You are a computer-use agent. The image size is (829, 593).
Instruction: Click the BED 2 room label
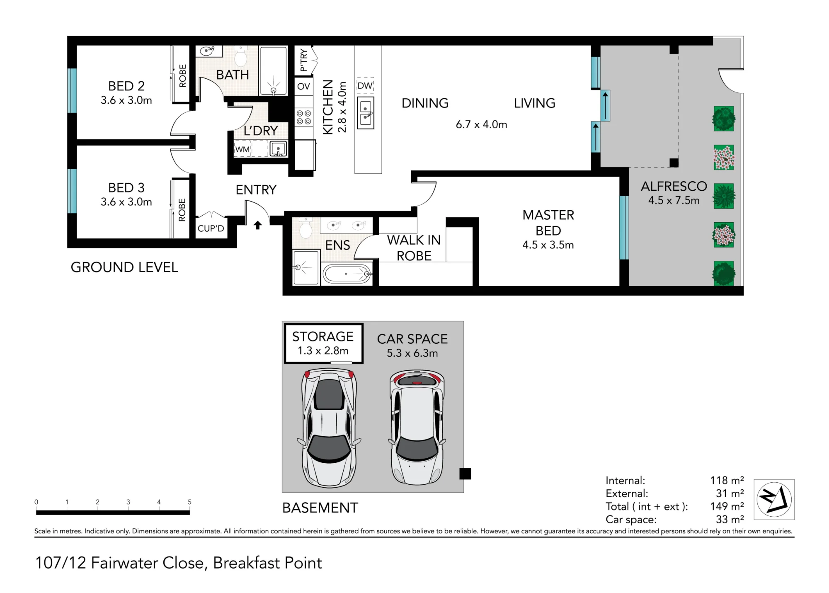pos(126,86)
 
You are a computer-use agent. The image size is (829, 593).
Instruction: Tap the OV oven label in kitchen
pos(303,86)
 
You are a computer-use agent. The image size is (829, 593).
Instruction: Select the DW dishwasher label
pos(365,86)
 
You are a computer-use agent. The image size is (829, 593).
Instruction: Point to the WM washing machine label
pos(242,149)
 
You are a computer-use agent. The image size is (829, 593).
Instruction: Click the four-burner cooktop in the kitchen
pos(304,117)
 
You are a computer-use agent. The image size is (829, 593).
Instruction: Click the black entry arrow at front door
pos(258,225)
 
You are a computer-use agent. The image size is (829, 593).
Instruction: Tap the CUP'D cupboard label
pos(211,228)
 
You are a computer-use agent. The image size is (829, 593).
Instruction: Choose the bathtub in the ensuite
pos(347,274)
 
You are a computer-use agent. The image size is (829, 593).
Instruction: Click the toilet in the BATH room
pos(240,56)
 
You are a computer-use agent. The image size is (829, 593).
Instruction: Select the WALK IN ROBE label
pos(414,248)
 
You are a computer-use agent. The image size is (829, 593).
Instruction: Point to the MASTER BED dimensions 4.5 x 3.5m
pos(548,245)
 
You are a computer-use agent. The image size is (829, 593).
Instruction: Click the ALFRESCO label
pos(674,186)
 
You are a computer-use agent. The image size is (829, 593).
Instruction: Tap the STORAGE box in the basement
pos(323,343)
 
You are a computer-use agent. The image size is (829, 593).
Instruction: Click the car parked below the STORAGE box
pos(329,428)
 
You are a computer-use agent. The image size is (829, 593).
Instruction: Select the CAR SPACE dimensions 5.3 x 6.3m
pos(412,353)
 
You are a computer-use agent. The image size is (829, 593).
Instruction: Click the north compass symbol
pos(774,499)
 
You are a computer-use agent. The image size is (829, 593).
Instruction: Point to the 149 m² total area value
pos(727,506)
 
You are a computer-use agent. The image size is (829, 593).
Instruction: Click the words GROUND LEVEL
pos(124,267)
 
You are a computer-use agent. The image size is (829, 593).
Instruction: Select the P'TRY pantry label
pos(304,60)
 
